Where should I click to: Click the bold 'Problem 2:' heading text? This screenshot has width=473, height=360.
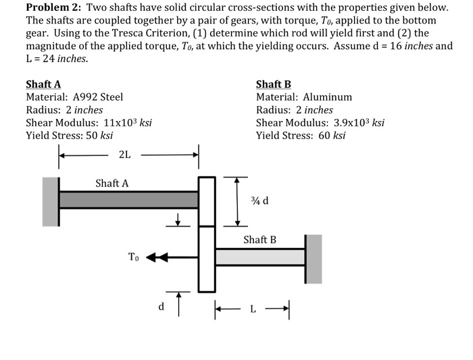54,7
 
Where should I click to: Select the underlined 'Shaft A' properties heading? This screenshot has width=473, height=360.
43,84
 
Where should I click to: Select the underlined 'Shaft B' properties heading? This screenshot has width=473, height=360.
274,84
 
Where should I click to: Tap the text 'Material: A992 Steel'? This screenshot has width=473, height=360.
74,97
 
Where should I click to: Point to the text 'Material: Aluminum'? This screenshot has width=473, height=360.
304,97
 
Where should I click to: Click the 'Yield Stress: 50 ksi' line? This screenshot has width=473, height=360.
69,136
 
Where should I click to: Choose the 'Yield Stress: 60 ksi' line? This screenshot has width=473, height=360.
301,136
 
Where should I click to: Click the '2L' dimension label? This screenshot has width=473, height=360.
125,155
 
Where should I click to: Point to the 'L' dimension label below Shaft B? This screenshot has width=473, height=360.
253,309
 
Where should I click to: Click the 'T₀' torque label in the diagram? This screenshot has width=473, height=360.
134,256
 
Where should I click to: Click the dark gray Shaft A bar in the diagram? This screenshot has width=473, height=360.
128,200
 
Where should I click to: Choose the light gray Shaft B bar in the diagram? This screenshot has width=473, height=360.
260,257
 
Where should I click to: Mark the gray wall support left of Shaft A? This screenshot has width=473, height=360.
51,201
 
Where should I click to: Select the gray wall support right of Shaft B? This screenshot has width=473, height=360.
314,259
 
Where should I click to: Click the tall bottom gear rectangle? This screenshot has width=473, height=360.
206,259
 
